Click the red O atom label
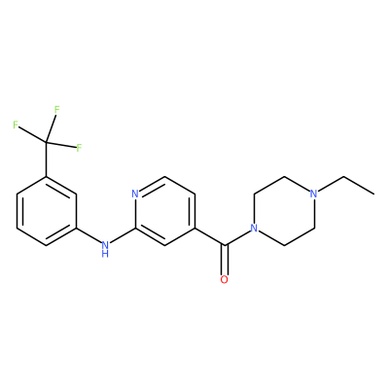224,279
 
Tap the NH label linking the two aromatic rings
104,249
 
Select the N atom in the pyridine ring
135,194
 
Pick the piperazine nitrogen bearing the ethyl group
313,194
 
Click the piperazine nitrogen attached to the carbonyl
254,229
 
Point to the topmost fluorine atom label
57,110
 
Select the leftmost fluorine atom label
16,124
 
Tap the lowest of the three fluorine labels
79,148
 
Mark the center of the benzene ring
47,211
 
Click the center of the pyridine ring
165,211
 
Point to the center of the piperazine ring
283,211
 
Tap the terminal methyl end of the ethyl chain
374,194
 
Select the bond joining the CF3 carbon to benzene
47,159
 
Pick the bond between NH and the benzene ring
88,235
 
